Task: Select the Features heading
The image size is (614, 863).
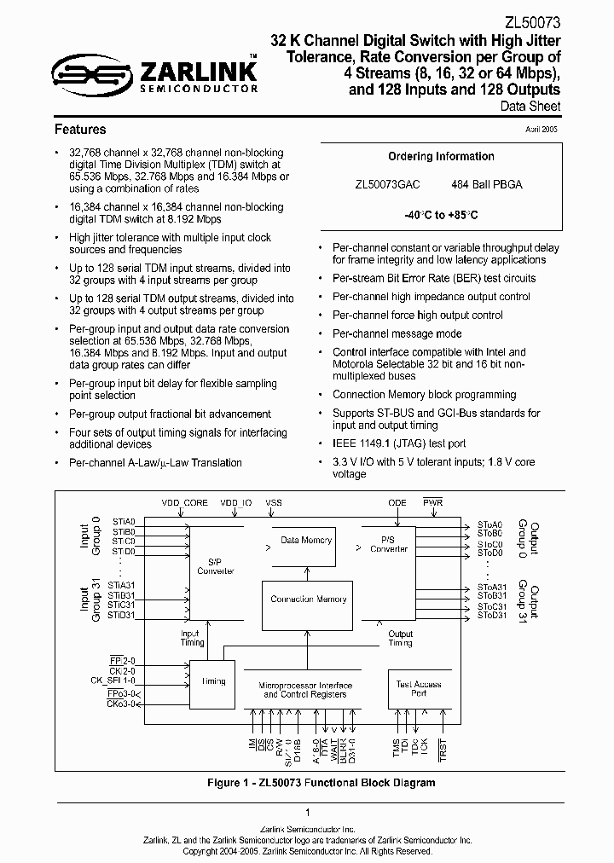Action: click(x=80, y=130)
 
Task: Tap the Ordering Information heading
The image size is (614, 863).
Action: click(x=441, y=156)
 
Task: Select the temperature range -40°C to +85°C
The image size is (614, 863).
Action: click(x=441, y=216)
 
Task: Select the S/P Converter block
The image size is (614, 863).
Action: click(x=215, y=566)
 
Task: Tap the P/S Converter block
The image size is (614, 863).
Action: click(x=389, y=544)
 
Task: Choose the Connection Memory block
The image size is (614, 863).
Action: click(x=309, y=599)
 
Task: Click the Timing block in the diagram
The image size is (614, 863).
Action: click(x=212, y=681)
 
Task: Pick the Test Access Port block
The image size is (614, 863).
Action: click(x=418, y=689)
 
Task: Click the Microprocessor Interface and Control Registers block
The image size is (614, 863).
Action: click(x=306, y=690)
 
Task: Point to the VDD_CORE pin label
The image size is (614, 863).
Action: click(x=183, y=503)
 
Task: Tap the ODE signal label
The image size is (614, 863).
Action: click(x=397, y=503)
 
